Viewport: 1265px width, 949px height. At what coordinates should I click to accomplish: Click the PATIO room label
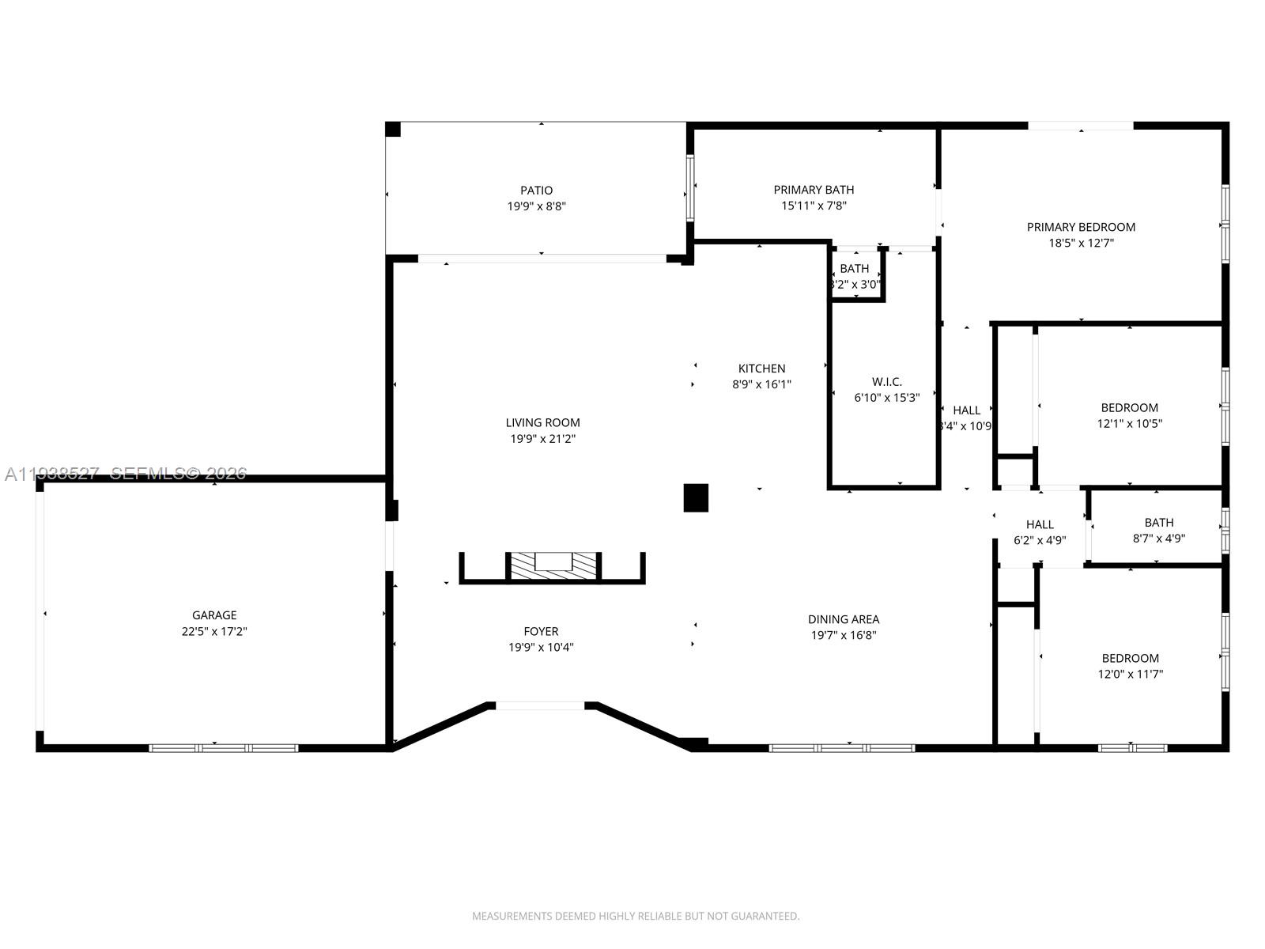pos(536,191)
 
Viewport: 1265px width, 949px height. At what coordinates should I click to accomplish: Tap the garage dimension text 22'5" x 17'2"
pos(214,632)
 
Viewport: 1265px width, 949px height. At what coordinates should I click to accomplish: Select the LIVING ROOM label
pos(542,423)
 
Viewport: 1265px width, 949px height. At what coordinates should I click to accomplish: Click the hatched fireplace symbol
pos(553,566)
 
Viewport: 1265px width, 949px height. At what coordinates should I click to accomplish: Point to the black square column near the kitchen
pos(696,498)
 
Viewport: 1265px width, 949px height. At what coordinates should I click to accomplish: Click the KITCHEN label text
pos(761,369)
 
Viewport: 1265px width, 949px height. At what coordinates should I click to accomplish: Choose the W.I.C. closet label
pos(886,382)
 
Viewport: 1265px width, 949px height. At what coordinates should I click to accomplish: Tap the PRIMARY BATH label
pos(814,190)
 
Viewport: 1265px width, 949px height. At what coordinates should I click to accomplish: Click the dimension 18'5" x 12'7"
pos(1081,244)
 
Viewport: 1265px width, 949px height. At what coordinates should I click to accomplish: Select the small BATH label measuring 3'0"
pos(854,269)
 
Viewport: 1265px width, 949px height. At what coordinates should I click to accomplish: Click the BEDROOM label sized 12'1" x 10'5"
pos(1129,408)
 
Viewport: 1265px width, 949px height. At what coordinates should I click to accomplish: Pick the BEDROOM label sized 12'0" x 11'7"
pos(1131,659)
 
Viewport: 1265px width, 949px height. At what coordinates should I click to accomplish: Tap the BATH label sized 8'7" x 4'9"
pos(1158,523)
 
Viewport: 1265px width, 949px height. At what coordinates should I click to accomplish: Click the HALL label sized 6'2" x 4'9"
pos(1040,524)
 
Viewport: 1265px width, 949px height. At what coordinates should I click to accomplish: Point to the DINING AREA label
pos(843,620)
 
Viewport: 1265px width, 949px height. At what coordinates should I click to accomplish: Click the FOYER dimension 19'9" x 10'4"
pos(541,648)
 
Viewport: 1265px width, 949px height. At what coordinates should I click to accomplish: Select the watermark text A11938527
pos(52,474)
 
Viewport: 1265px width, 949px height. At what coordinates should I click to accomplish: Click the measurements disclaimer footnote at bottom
pos(636,916)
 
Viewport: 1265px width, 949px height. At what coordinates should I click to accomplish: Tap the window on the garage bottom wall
pos(224,747)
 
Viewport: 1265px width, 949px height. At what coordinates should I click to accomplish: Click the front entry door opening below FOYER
pos(540,705)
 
